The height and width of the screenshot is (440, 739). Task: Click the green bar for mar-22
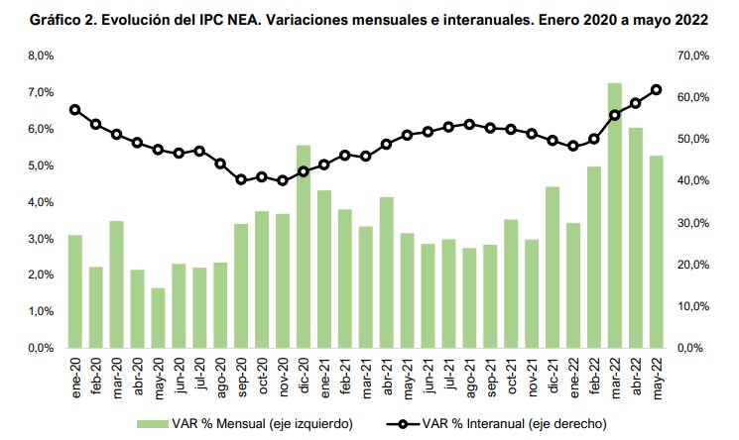pyautogui.click(x=615, y=215)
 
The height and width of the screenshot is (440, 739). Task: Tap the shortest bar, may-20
pyautogui.click(x=158, y=318)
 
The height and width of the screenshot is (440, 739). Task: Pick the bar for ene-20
pyautogui.click(x=75, y=291)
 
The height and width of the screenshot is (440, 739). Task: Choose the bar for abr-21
pyautogui.click(x=387, y=273)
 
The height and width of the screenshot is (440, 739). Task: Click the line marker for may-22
pyautogui.click(x=657, y=90)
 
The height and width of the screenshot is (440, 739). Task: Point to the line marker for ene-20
pyautogui.click(x=75, y=109)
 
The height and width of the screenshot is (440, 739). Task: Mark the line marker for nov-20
pyautogui.click(x=283, y=180)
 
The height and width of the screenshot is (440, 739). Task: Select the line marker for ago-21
pyautogui.click(x=469, y=124)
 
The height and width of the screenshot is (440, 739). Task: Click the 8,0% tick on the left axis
pyautogui.click(x=39, y=56)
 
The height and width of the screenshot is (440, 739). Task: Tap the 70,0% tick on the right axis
pyautogui.click(x=691, y=56)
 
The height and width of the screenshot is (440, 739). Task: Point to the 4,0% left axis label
pyautogui.click(x=39, y=202)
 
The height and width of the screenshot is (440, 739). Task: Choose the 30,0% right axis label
pyautogui.click(x=691, y=224)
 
